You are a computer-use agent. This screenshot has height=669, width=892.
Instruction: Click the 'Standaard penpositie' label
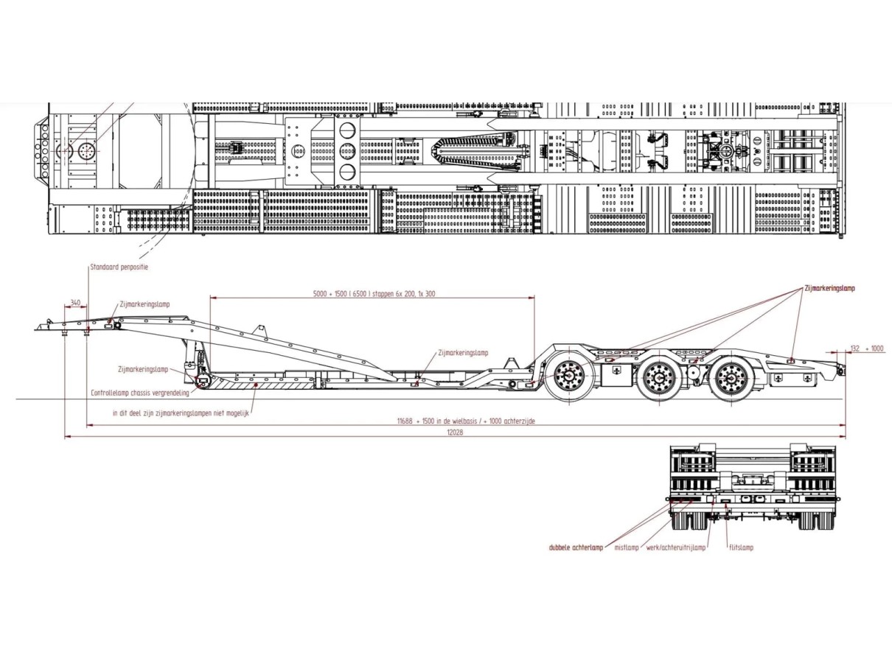coord(119,267)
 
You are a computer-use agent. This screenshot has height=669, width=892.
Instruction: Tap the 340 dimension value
coord(76,303)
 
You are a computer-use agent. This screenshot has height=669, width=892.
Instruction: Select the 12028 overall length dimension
coord(455,432)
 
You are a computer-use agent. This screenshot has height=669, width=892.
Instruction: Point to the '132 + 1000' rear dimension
coord(867,348)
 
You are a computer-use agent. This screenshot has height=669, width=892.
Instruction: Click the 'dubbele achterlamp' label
coord(576,547)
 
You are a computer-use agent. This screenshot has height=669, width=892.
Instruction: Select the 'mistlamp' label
coord(626,547)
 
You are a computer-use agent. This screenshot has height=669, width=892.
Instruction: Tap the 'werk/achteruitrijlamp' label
coord(676,547)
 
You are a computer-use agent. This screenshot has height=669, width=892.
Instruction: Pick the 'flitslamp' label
coord(741,547)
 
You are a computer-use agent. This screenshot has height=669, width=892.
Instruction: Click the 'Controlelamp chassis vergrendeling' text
coord(140,393)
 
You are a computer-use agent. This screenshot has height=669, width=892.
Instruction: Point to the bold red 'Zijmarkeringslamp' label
coord(830,288)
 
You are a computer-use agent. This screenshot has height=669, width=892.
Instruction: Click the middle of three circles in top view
coord(347,151)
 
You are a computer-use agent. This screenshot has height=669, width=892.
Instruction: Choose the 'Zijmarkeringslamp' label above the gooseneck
coord(144,304)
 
